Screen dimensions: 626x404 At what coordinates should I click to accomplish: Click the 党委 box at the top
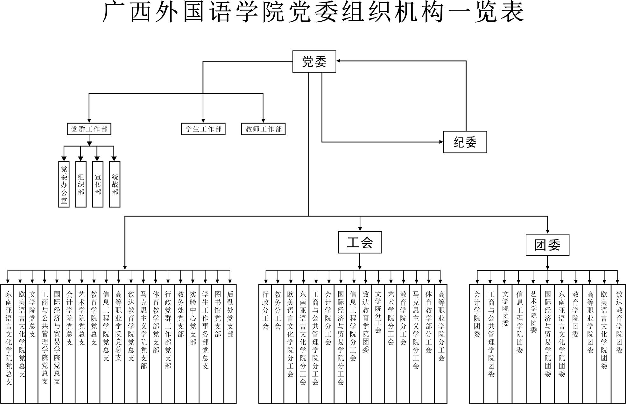click(314, 61)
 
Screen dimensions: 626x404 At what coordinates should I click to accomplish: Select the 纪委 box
click(465, 142)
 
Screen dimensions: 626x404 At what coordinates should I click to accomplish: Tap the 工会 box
click(360, 242)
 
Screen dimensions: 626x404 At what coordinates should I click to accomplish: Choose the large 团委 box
click(547, 245)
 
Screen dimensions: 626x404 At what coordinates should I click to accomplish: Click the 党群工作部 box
click(89, 129)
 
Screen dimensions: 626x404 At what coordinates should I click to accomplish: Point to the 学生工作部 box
click(203, 129)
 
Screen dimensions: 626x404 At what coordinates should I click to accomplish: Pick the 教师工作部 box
click(263, 129)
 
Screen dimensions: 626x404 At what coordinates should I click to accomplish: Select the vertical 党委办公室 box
click(64, 184)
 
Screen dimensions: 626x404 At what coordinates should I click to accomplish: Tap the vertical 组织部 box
click(81, 184)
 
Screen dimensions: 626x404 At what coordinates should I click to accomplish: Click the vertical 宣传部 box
click(98, 184)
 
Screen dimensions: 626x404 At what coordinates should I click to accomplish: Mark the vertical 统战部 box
click(115, 184)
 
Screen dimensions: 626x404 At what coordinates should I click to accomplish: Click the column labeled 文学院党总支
click(32, 344)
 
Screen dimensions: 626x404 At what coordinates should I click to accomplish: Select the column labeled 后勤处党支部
click(230, 344)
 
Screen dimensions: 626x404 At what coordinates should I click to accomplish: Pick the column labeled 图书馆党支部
click(218, 344)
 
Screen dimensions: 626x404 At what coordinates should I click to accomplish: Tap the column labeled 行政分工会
click(265, 344)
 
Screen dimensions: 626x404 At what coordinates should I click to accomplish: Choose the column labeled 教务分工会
click(278, 344)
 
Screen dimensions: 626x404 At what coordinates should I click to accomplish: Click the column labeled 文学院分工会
click(378, 344)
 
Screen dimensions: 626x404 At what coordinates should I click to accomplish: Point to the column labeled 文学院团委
click(505, 344)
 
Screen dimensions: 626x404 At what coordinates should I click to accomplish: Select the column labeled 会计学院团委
click(477, 344)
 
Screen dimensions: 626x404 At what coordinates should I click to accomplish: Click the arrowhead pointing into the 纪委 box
click(441, 142)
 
